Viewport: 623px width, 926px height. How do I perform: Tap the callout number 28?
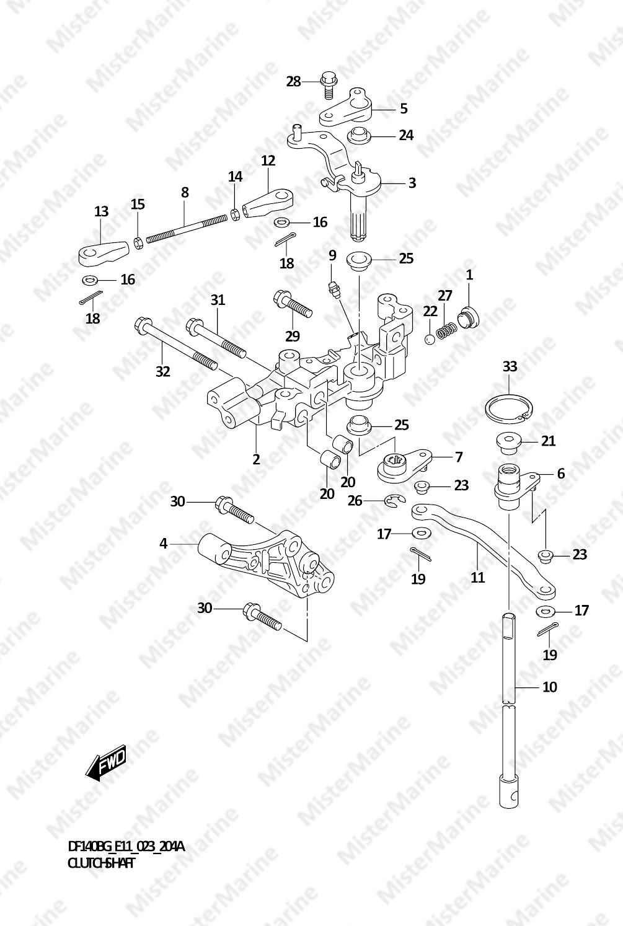(293, 81)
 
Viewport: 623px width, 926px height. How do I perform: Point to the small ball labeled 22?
(430, 338)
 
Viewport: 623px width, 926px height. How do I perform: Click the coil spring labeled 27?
(444, 332)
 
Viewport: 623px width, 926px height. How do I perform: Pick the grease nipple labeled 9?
(334, 288)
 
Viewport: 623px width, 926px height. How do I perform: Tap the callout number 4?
(163, 544)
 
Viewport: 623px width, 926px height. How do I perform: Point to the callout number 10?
(549, 687)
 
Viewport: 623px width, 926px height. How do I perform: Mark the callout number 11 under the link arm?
(477, 578)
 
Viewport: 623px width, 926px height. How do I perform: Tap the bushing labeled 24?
(358, 134)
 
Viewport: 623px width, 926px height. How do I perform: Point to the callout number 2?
(256, 459)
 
